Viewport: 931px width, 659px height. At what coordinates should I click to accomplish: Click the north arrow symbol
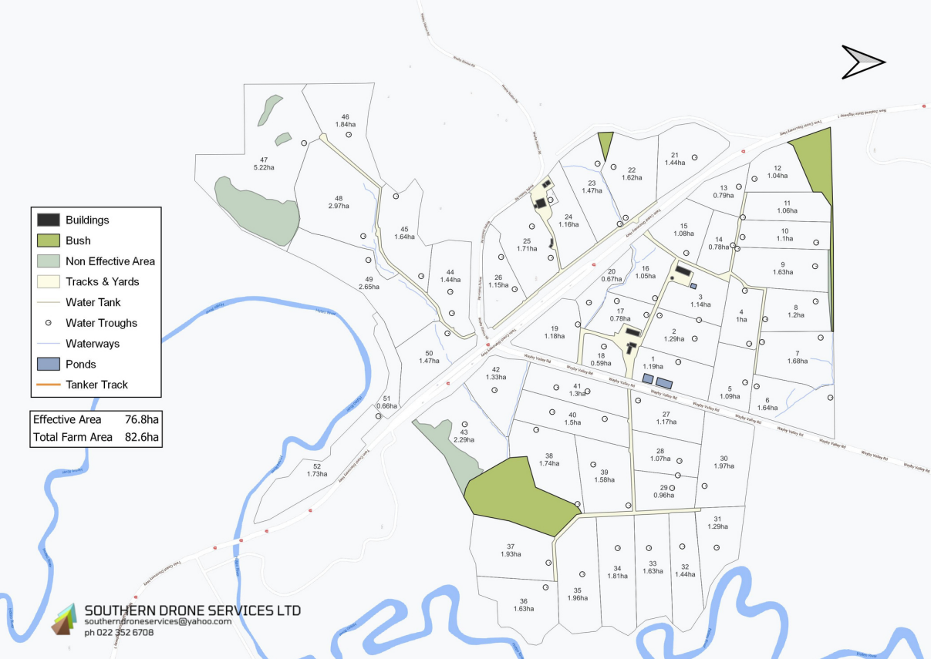click(x=863, y=62)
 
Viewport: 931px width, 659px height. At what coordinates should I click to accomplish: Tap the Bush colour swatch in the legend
click(x=48, y=240)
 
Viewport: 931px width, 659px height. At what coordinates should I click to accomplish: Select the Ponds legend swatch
click(x=48, y=364)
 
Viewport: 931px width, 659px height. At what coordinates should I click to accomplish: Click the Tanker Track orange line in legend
click(x=48, y=385)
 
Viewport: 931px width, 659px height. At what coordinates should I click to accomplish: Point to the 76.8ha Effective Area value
click(x=141, y=420)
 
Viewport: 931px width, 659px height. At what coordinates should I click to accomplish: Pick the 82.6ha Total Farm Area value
click(x=141, y=438)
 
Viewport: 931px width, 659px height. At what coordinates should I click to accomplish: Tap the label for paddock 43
click(x=464, y=435)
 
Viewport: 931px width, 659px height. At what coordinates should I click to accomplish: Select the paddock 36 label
click(x=524, y=605)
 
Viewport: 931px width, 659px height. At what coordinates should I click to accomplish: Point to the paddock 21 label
click(x=675, y=159)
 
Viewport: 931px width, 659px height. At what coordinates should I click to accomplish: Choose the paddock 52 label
click(x=317, y=469)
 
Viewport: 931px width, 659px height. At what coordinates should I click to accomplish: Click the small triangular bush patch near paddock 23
click(x=605, y=143)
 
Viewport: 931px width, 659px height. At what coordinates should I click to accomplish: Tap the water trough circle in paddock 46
click(x=348, y=134)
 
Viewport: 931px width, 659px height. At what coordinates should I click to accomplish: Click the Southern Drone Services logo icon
click(x=66, y=619)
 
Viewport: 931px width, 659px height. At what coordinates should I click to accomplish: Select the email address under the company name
click(x=157, y=621)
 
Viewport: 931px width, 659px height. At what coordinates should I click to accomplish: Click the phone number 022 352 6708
click(x=119, y=632)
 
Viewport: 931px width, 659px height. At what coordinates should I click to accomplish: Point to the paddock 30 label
click(x=724, y=462)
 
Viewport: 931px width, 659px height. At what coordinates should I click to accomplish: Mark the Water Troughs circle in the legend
click(x=48, y=323)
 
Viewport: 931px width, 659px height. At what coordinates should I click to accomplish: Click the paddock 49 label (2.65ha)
click(x=369, y=282)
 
